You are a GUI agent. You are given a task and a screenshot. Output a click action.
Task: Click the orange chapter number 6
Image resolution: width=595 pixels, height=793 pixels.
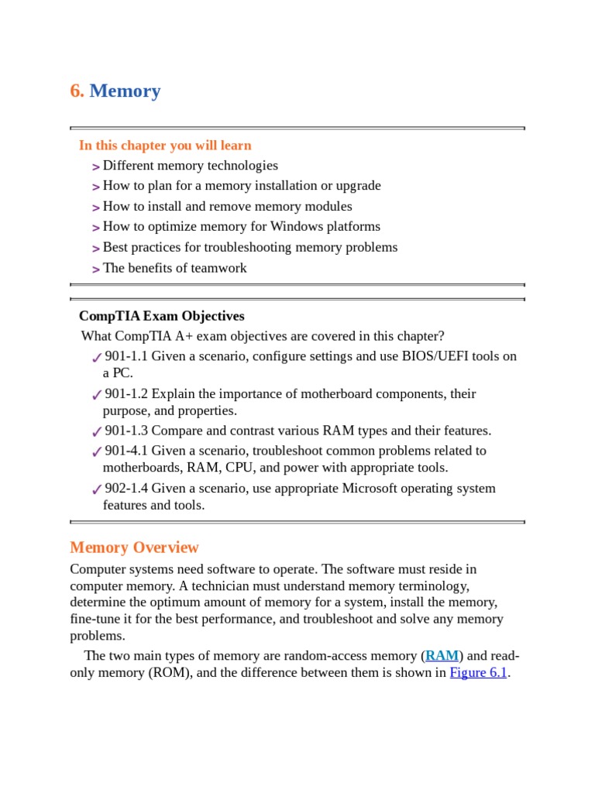point(77,91)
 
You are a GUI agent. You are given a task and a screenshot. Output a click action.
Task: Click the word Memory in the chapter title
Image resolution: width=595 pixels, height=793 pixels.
point(125,91)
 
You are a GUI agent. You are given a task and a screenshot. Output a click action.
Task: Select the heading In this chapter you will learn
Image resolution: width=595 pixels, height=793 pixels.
point(165,146)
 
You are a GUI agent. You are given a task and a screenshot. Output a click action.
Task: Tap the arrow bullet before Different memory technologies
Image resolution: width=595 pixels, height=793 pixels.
point(95,166)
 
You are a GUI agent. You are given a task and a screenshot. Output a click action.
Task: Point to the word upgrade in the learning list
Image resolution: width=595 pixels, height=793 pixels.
point(357,186)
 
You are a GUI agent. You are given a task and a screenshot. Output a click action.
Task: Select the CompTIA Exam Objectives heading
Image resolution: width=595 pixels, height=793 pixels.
point(161,316)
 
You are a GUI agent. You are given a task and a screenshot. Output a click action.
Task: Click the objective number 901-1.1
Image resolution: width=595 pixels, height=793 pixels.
point(126,356)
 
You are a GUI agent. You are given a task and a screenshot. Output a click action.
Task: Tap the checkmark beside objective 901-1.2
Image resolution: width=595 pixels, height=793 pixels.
point(96,395)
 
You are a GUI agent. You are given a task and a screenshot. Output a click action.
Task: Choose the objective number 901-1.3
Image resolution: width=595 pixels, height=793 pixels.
point(126,431)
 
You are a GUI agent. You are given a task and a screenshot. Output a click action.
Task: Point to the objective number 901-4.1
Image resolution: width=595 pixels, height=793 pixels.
point(126,451)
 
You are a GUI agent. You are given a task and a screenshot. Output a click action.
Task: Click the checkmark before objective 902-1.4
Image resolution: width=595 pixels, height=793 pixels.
point(96,489)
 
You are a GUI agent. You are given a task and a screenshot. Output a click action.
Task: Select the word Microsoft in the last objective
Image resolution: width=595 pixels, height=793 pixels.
point(350,489)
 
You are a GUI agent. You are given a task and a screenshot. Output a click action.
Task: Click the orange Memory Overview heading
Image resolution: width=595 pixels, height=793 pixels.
point(134,548)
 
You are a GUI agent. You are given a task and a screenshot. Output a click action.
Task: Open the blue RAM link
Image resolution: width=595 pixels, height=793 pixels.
point(442,656)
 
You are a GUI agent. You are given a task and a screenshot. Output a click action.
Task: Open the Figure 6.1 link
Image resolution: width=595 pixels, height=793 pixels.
point(478,672)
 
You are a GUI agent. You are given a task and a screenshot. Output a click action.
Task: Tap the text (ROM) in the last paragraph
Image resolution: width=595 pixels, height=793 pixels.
point(170,672)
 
